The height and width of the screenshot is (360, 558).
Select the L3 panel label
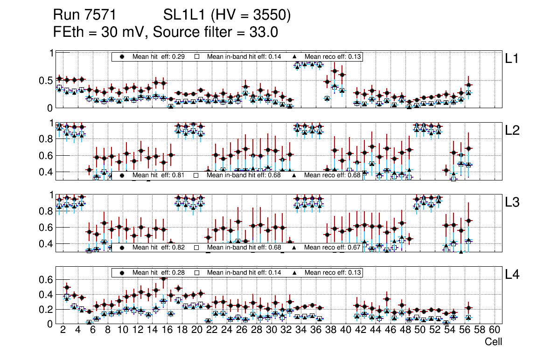[x=512, y=202]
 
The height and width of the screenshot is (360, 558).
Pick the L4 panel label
[x=512, y=275]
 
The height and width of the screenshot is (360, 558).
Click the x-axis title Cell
[x=493, y=342]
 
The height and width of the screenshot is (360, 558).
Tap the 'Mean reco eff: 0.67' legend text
[x=332, y=247]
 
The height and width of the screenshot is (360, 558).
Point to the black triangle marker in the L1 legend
[x=294, y=56]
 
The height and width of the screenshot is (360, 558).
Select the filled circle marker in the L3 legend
[x=122, y=247]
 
